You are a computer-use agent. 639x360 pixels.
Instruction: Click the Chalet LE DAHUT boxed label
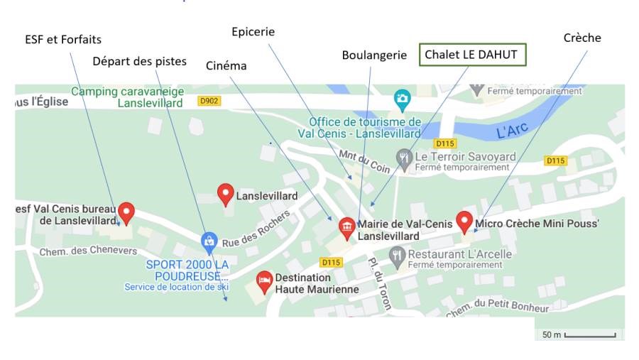coord(472,55)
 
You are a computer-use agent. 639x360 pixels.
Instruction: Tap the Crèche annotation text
coord(581,38)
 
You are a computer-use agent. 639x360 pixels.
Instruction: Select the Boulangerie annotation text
coord(373,55)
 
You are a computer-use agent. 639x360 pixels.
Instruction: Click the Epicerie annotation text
coord(253,32)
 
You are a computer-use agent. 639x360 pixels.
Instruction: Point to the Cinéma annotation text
coord(226,66)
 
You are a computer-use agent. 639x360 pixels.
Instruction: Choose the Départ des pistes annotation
coord(139,61)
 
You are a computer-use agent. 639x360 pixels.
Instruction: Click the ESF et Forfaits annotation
coord(63,39)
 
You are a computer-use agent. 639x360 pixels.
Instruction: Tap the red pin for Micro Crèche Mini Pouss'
coord(464,221)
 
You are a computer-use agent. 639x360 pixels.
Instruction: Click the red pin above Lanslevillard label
coord(225,192)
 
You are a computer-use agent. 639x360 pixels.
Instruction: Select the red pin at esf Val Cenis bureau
coord(126,211)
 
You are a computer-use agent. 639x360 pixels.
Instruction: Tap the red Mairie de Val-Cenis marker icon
coord(347,227)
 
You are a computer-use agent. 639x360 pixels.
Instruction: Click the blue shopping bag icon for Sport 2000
coord(209,241)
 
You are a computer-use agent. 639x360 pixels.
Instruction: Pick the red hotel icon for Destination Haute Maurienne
coord(264,280)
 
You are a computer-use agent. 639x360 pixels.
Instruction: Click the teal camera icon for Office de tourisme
coord(402,98)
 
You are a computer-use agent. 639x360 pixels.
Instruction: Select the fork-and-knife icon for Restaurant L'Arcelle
coord(397,253)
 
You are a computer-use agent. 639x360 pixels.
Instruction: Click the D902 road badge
coord(209,102)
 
